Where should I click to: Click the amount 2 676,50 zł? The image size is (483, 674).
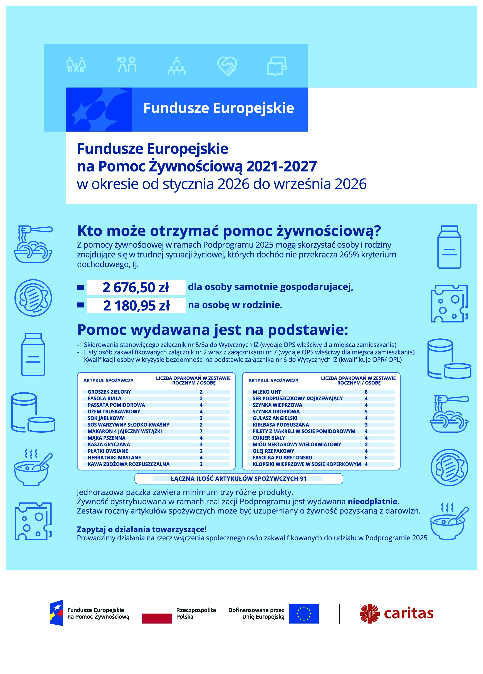[x=136, y=287]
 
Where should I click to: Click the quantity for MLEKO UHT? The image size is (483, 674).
[x=366, y=392]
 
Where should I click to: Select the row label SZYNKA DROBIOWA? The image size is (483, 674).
[x=276, y=412]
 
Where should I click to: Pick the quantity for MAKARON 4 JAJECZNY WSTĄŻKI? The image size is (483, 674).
[x=201, y=431]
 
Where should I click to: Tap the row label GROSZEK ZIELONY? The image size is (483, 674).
[x=109, y=392]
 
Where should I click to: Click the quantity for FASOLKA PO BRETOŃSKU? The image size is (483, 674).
[x=366, y=457]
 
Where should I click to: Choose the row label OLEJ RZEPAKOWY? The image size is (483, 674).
[x=273, y=451]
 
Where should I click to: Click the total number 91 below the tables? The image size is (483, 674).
[x=303, y=478]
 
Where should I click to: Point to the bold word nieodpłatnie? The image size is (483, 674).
[x=372, y=502]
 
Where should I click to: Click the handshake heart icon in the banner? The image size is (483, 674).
[x=227, y=66]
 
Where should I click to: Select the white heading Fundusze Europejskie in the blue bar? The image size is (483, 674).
[x=219, y=108]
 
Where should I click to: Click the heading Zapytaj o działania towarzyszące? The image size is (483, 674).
[x=142, y=529]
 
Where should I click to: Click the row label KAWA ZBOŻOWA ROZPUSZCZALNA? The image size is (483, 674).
[x=128, y=464]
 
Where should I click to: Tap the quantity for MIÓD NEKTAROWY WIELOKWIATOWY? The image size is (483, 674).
[x=366, y=444]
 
